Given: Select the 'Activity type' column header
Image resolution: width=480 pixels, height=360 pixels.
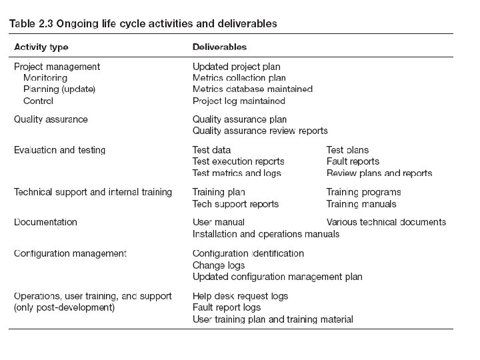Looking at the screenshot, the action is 41,47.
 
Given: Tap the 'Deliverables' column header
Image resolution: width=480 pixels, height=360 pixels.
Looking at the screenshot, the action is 219,47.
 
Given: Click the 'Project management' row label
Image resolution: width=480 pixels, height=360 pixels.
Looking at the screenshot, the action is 57,67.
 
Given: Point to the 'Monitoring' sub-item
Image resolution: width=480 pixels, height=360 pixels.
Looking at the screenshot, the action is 45,78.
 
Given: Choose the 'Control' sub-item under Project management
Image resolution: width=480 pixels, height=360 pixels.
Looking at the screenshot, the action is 38,101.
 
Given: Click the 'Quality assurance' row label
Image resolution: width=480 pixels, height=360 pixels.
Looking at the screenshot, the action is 51,119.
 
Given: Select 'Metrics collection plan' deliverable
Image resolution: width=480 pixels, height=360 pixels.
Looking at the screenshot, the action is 239,78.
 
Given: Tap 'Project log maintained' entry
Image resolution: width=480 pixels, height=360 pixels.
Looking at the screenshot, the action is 239,101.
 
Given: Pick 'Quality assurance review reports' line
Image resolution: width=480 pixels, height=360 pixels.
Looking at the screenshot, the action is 260,131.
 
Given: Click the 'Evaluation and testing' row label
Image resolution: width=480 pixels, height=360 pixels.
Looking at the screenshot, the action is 60,150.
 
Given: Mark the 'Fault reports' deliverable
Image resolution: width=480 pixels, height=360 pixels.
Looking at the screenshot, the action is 353,161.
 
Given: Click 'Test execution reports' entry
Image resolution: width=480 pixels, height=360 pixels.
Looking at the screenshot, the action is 238,161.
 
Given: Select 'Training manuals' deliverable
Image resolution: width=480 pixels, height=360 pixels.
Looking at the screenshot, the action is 361,204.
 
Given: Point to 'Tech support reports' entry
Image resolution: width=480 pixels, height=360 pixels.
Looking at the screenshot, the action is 235,204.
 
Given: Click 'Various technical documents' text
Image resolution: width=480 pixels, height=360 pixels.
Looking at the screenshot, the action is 386,222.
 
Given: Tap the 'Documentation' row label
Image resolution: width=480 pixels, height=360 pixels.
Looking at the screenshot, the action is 45,222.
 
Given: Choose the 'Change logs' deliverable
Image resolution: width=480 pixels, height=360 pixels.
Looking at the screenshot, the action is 219,265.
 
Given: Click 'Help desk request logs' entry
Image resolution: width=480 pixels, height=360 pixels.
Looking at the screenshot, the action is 240,296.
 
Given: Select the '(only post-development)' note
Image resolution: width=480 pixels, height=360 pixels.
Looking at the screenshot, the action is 64,307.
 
